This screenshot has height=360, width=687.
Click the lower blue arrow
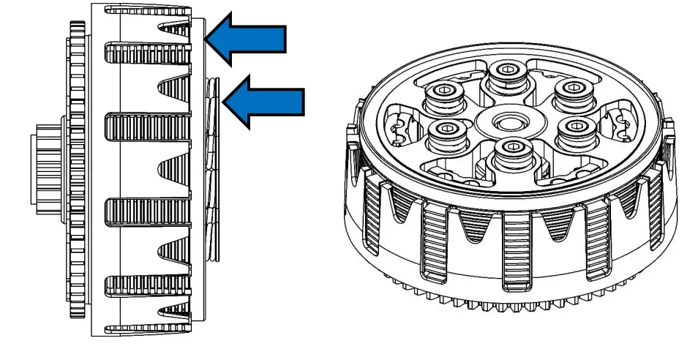tap(264, 102)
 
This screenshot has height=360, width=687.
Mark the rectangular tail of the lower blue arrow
tap(282, 102)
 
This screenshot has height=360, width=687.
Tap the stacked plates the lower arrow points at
tap(212, 168)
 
